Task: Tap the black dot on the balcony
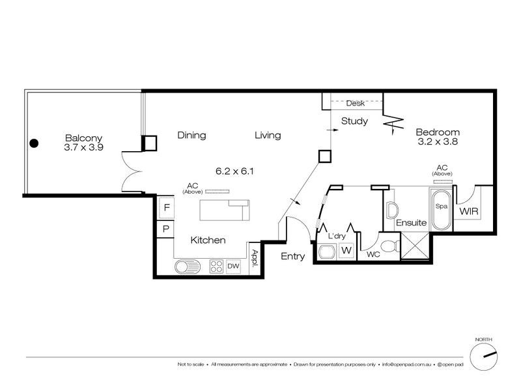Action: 34,143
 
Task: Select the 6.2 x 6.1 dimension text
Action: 234,171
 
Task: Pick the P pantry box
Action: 166,229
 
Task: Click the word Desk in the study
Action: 355,104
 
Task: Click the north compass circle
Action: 485,358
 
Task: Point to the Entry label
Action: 292,257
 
